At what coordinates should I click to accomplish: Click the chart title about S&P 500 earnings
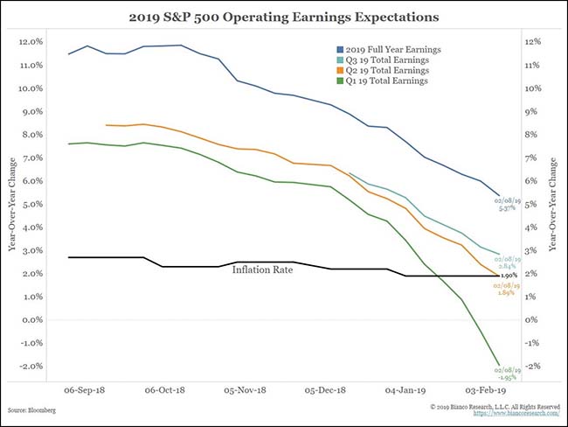point(284,16)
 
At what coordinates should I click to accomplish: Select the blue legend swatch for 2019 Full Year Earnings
point(339,49)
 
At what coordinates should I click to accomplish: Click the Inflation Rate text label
point(262,269)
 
